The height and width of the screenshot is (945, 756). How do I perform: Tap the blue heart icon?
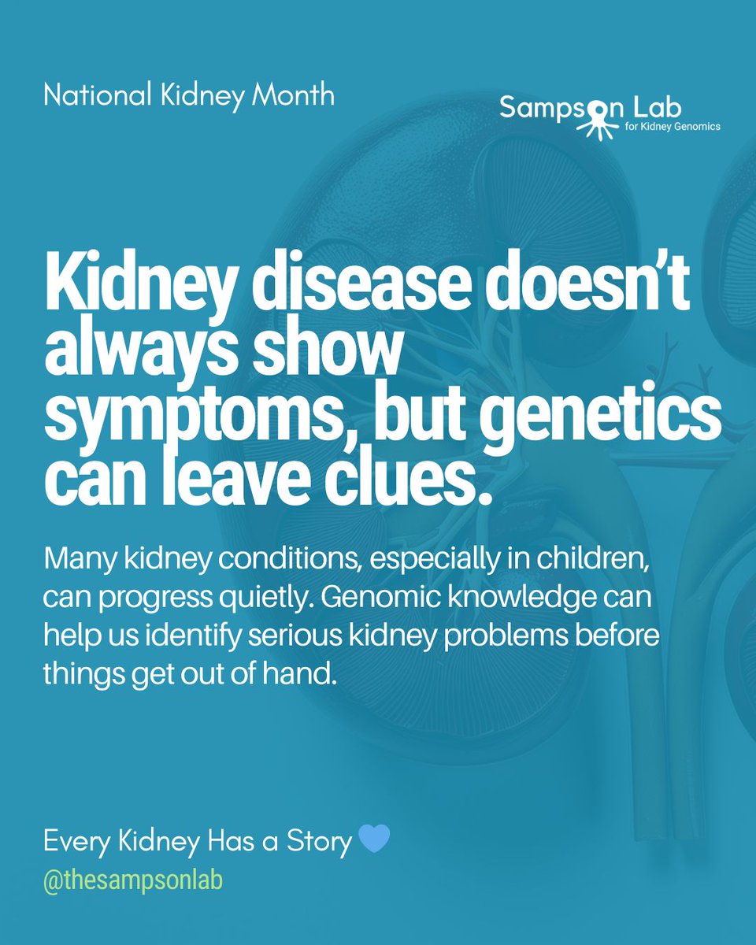(374, 840)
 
